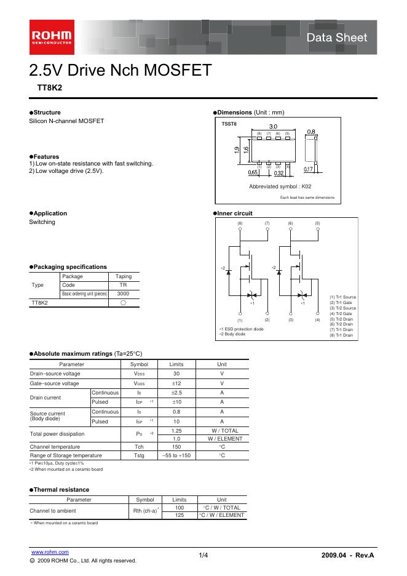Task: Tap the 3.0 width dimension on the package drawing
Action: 273,126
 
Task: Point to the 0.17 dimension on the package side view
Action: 309,169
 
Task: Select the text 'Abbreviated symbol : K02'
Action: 280,186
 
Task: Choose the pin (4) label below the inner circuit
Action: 318,320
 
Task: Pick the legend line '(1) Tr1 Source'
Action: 342,297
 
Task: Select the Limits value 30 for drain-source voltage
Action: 176,374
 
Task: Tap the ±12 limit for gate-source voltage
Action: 176,383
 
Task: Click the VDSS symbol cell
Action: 140,374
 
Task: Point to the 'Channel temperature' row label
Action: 56,446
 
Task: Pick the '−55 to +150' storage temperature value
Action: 176,455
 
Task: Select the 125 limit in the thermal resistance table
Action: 180,514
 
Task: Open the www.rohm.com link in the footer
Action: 50,552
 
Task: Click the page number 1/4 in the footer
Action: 204,556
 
